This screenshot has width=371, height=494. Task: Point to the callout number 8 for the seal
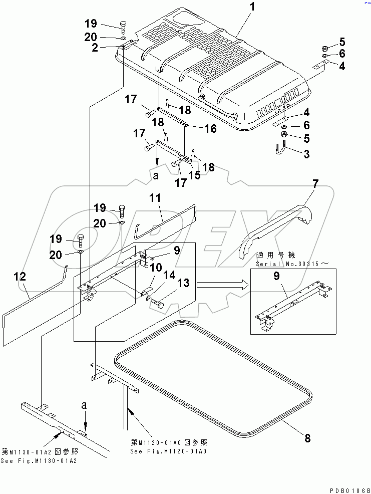pos(307,438)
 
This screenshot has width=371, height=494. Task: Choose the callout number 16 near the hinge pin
pos(210,129)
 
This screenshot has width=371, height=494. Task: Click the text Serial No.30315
pos(285,264)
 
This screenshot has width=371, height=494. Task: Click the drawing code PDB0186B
pos(350,489)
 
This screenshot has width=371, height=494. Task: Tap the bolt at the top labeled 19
pos(123,27)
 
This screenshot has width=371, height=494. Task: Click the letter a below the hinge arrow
pos(156,176)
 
